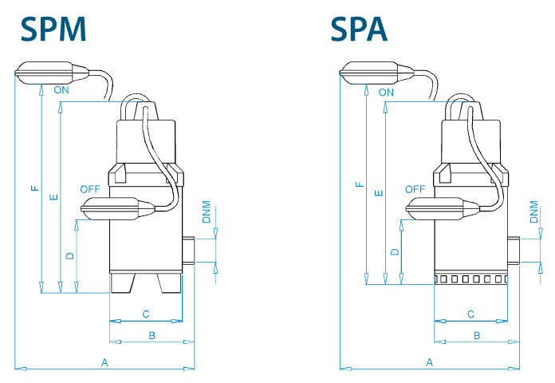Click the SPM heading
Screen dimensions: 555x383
point(53,30)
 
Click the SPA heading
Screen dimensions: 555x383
point(359,30)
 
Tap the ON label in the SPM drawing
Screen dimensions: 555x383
point(61,90)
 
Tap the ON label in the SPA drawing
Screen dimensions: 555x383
point(386,93)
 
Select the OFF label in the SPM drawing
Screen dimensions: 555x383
point(90,189)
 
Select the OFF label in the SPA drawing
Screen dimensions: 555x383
point(415,189)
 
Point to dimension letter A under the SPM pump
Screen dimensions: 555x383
point(104,362)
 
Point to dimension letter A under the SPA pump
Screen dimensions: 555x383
point(429,362)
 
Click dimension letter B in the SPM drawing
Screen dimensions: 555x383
point(152,335)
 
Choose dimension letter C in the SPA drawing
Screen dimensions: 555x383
point(470,314)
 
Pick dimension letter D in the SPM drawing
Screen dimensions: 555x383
point(70,255)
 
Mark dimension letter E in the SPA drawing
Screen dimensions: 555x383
point(379,193)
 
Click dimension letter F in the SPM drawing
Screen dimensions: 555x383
point(35,188)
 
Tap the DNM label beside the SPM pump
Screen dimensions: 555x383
point(207,212)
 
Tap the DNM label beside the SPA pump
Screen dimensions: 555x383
point(534,212)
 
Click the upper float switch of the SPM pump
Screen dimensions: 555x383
point(52,73)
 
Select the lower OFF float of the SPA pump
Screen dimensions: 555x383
point(443,209)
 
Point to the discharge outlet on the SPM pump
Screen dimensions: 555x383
point(188,250)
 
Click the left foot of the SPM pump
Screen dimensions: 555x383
point(122,283)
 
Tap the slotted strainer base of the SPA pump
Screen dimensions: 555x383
point(470,278)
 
